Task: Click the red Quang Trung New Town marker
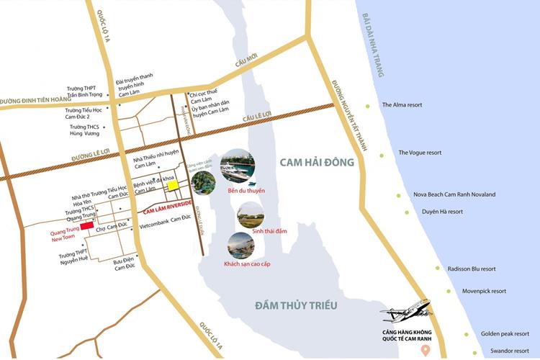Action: pyautogui.click(x=86, y=226)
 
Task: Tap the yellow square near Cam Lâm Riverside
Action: pyautogui.click(x=174, y=186)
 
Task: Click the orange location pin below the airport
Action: pyautogui.click(x=426, y=351)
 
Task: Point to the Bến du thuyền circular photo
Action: pyautogui.click(x=237, y=166)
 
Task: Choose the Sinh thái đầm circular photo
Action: pyautogui.click(x=250, y=214)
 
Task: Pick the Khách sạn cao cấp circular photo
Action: pyautogui.click(x=240, y=246)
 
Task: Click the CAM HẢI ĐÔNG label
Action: pyautogui.click(x=317, y=163)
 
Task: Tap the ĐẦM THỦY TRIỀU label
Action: pyautogui.click(x=296, y=305)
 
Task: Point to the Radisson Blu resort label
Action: pyautogui.click(x=472, y=269)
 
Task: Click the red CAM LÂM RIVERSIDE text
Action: pyautogui.click(x=167, y=208)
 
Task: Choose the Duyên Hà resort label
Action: pyautogui.click(x=442, y=212)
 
